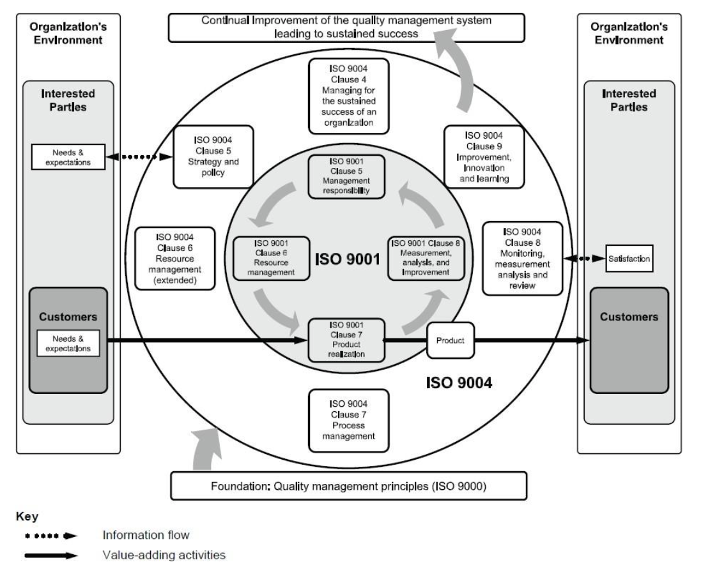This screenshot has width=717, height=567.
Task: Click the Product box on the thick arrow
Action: tap(450, 340)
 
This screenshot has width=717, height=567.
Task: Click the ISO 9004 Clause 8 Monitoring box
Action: tap(523, 258)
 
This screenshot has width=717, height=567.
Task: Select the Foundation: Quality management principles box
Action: tap(348, 486)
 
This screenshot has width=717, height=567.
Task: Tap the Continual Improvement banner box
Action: tap(347, 27)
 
